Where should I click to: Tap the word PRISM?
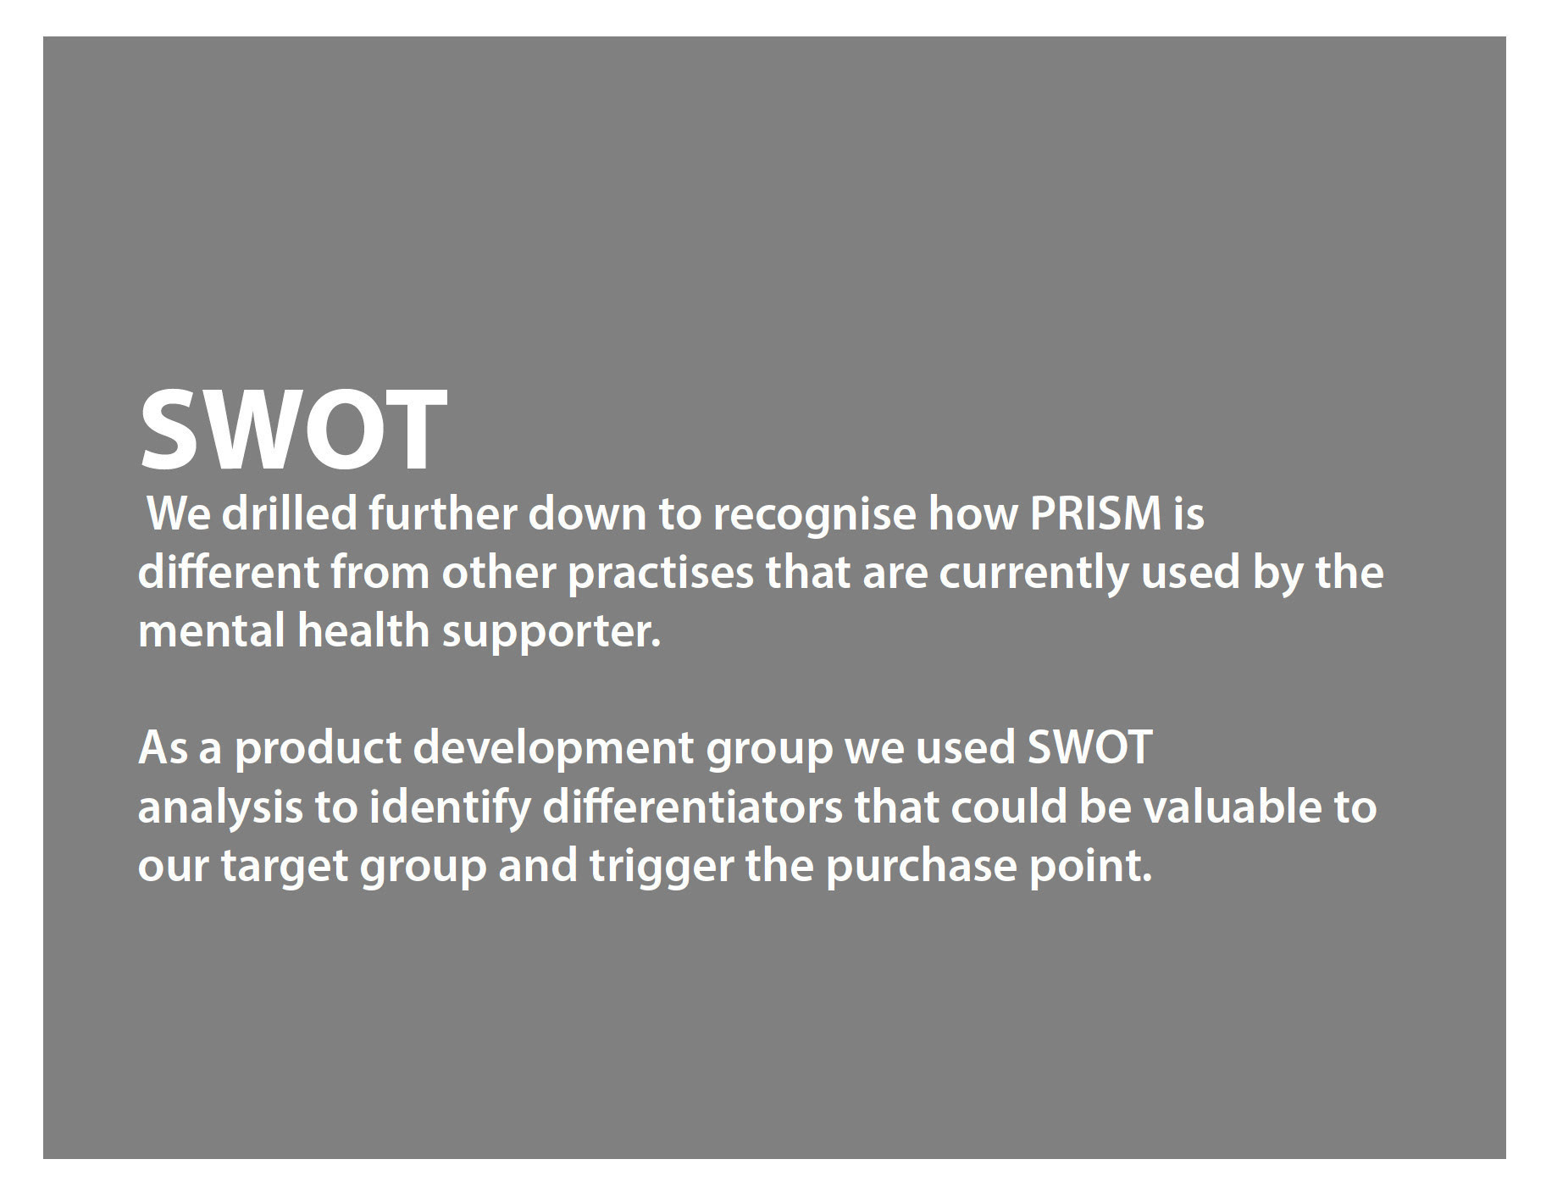[1094, 513]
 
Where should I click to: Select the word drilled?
[289, 513]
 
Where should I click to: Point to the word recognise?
[814, 517]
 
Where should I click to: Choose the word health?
[363, 631]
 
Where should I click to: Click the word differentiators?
[692, 807]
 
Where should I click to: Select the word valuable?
[1232, 807]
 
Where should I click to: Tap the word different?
[228, 573]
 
